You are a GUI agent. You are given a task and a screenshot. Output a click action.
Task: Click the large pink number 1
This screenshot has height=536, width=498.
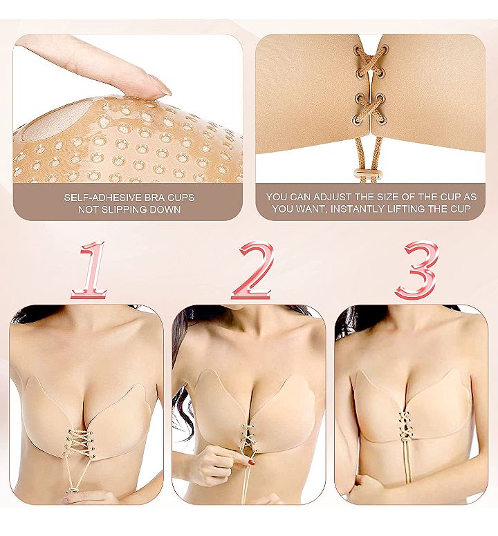(90, 270)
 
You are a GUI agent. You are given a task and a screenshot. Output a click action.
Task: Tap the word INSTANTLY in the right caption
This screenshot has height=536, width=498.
(357, 209)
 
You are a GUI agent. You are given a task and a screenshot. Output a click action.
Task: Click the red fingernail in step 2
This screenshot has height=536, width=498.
(252, 463)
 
